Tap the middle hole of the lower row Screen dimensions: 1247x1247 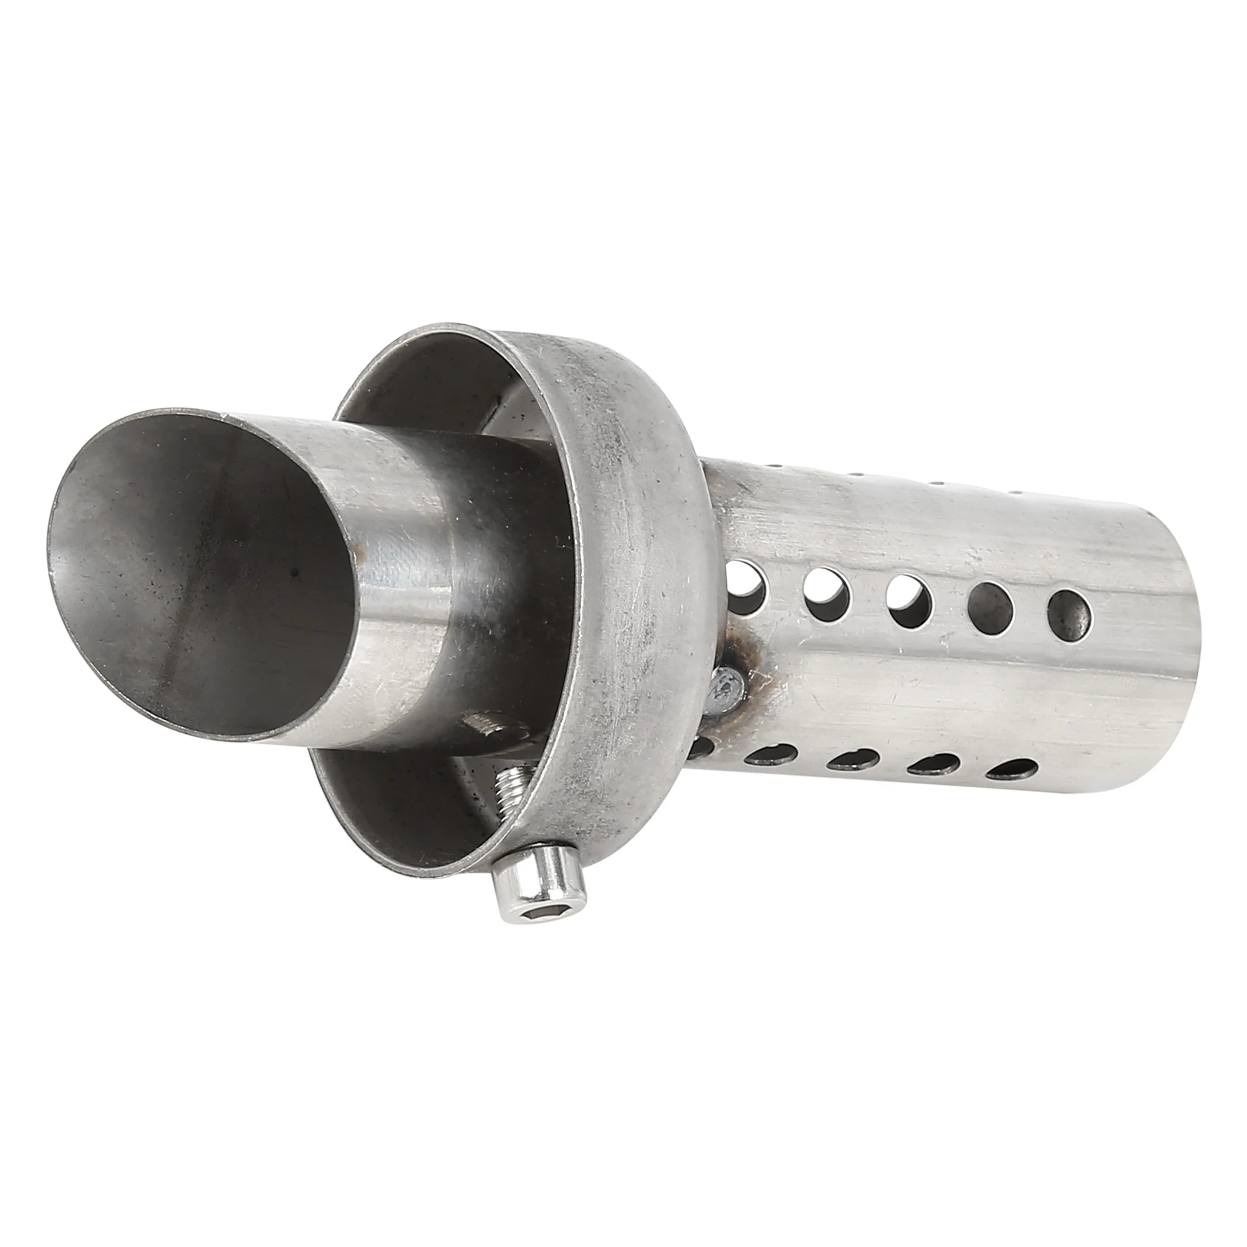point(854,759)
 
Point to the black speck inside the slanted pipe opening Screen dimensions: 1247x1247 point(295,572)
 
